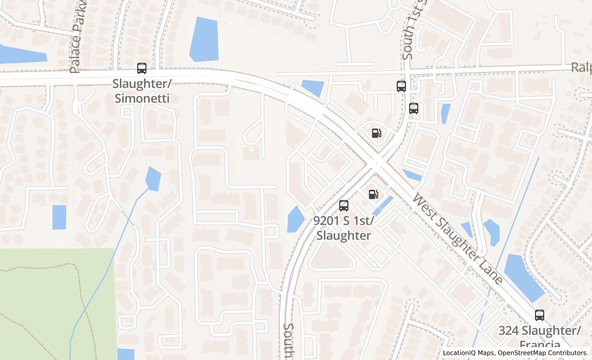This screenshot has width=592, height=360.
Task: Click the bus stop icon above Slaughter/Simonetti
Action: click(141, 68)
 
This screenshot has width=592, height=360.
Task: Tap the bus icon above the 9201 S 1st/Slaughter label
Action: click(344, 206)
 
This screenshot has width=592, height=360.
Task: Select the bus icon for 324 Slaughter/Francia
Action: click(539, 315)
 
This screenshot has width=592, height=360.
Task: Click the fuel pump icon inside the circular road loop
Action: click(377, 133)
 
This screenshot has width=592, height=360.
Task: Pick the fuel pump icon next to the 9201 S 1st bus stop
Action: click(374, 194)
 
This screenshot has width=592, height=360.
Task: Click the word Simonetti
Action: click(142, 98)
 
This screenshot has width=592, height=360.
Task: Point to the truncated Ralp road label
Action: click(581, 68)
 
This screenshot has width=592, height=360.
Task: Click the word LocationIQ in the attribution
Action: click(459, 353)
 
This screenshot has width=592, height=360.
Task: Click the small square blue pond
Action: click(59, 217)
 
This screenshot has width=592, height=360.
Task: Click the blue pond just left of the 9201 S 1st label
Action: click(295, 219)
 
